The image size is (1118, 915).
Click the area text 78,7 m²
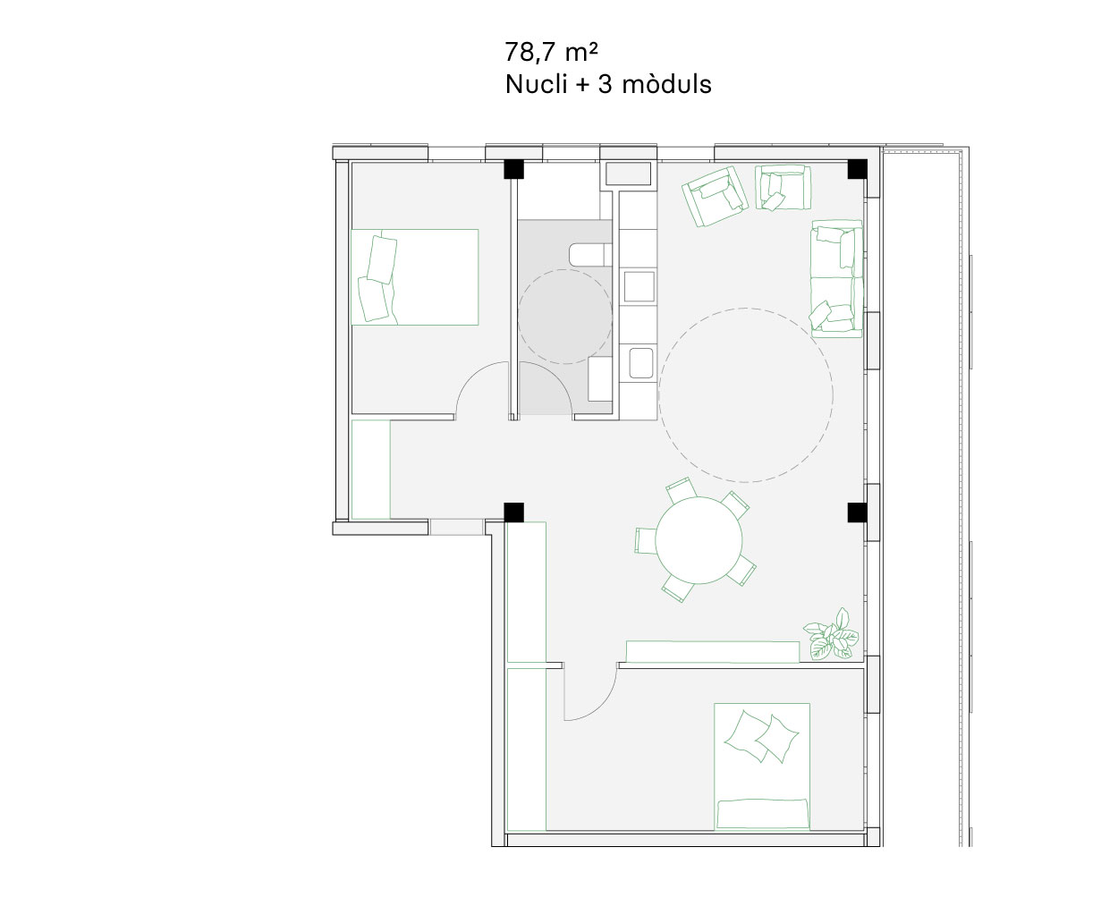tap(551, 52)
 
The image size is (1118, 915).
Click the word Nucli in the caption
tap(536, 84)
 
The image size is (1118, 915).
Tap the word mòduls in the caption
tap(667, 84)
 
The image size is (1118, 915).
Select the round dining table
tap(699, 540)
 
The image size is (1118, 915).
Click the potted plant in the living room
tap(831, 634)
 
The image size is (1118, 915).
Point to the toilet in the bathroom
tap(590, 254)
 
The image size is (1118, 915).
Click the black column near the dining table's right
tap(857, 513)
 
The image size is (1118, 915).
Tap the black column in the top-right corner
tap(857, 169)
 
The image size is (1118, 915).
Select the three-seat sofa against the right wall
tap(836, 279)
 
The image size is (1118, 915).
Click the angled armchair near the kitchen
tap(715, 196)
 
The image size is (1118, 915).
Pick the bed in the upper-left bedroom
tap(414, 276)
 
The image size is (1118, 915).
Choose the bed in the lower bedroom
tap(762, 766)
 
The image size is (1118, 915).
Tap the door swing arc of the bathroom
tap(555, 377)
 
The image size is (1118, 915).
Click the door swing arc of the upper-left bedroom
tap(472, 377)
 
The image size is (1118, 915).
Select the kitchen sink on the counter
tap(641, 362)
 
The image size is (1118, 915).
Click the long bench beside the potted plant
tap(713, 651)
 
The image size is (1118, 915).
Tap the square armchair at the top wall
tap(783, 187)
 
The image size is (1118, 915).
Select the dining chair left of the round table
tap(646, 541)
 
